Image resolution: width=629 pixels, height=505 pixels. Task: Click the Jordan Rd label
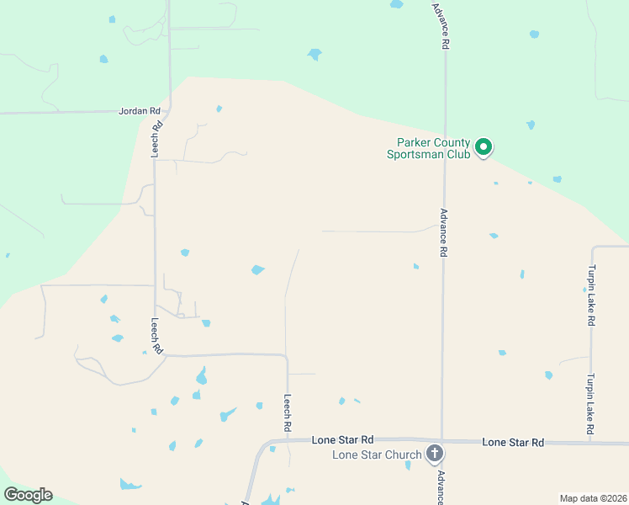tap(140, 111)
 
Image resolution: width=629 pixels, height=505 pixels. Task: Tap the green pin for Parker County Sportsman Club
tap(484, 147)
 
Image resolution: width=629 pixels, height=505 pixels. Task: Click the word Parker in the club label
tap(404, 143)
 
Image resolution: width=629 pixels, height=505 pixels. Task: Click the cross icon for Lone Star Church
tap(435, 454)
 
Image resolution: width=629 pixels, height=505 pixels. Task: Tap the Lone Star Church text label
tap(377, 455)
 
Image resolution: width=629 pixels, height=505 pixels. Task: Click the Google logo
tap(28, 495)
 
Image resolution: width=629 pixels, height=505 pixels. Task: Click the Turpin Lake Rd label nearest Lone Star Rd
tap(592, 405)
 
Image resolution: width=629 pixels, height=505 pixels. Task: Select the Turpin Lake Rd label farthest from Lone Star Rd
tap(592, 295)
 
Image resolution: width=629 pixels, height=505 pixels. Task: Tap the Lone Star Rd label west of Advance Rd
tap(342, 439)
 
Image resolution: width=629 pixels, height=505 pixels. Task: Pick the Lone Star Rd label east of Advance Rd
tap(513, 442)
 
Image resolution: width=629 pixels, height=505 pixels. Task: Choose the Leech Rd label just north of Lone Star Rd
tap(287, 413)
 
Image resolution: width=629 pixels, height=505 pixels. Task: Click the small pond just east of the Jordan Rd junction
tap(219, 109)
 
